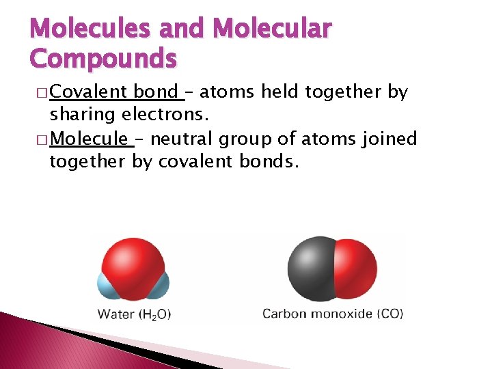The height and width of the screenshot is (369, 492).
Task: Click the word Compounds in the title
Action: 103,58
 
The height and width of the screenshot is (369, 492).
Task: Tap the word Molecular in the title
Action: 273,29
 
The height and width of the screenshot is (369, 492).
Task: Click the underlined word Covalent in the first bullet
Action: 89,92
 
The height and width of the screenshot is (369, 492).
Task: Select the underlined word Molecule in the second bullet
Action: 89,139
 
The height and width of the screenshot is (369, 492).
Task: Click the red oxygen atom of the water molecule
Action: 133,261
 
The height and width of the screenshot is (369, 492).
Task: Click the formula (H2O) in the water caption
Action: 154,315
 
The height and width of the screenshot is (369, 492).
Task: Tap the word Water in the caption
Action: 116,315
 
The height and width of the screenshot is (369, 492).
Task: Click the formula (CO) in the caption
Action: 390,314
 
